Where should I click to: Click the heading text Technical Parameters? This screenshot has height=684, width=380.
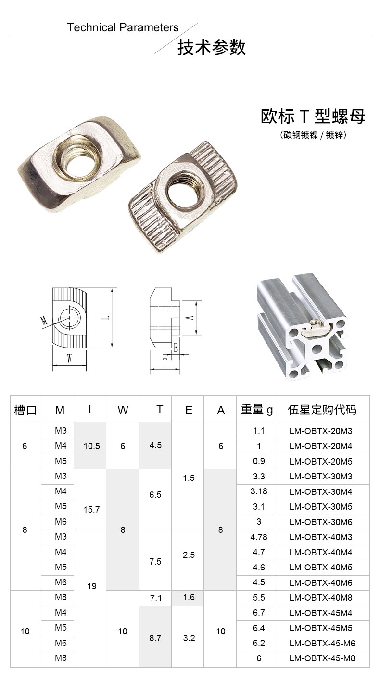(x=123, y=27)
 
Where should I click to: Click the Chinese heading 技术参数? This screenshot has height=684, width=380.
(x=212, y=48)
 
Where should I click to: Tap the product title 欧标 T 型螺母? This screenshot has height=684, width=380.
(x=313, y=116)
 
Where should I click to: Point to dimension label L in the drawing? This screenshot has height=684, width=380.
(x=106, y=318)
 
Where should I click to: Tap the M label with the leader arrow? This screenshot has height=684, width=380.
(x=44, y=321)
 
